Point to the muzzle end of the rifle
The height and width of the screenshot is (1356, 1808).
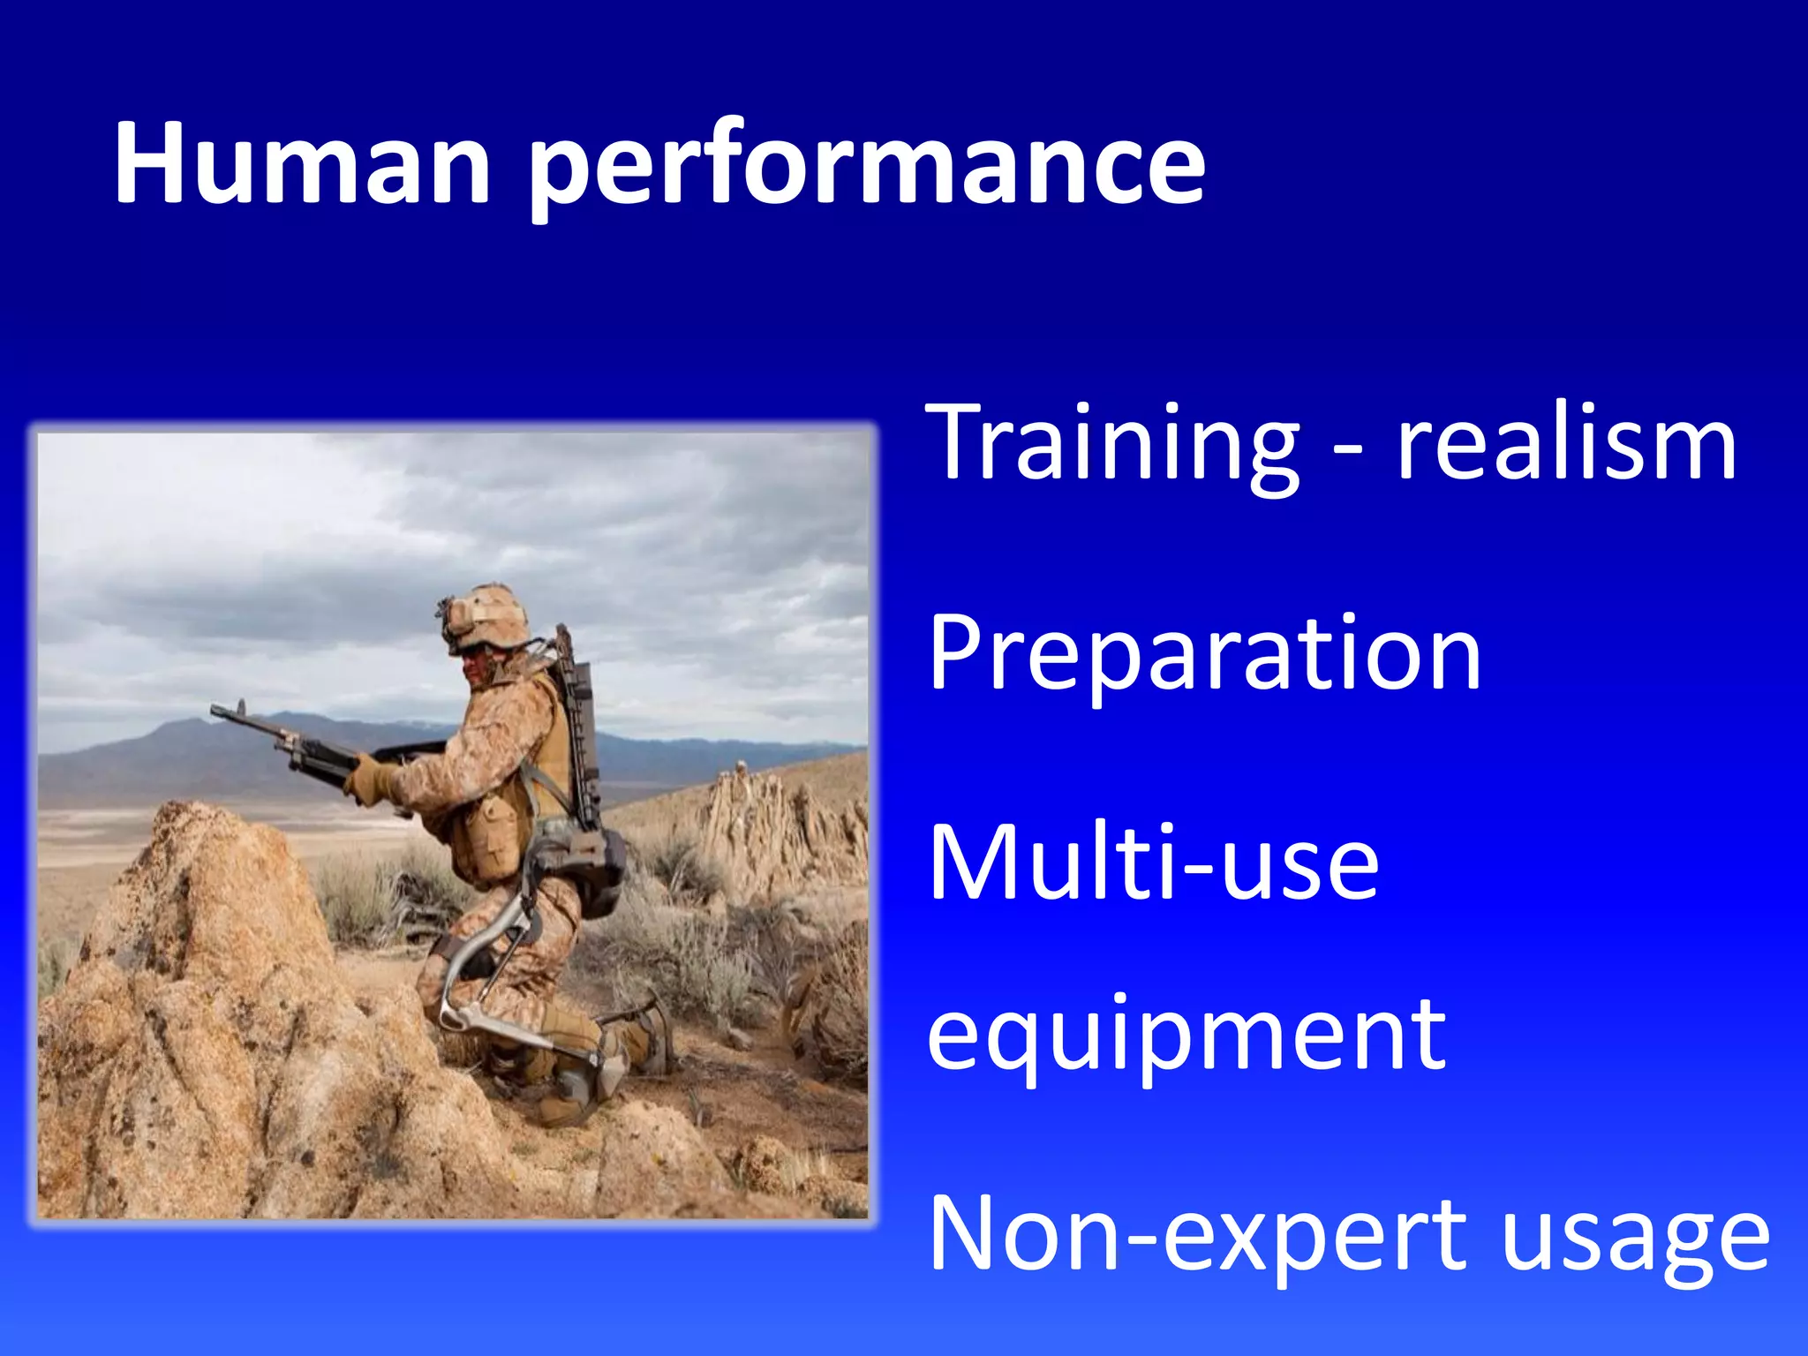coord(217,709)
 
